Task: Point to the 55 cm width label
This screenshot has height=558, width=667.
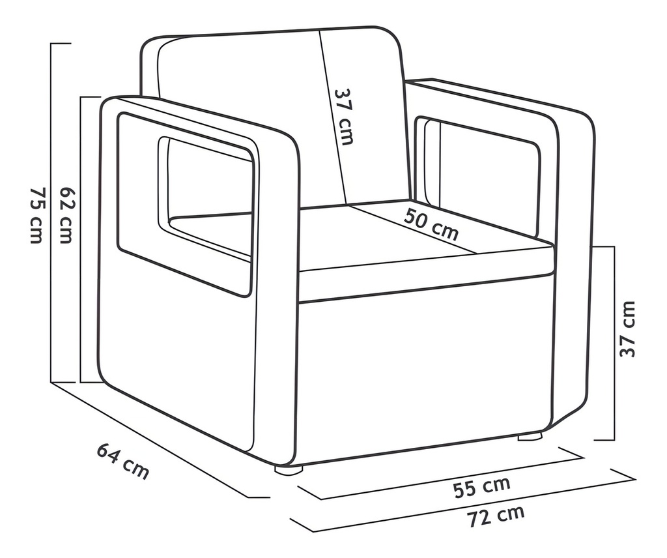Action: [481, 487]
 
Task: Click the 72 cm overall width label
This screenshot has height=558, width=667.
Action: [496, 516]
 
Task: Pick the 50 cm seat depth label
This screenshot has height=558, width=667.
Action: [431, 224]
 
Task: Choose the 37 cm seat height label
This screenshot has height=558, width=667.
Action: [627, 329]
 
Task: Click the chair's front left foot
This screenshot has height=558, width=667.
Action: [289, 470]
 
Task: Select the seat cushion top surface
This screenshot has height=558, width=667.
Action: [425, 239]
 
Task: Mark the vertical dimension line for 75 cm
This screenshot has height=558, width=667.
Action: [51, 213]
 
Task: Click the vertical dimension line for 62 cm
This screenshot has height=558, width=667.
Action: [81, 240]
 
